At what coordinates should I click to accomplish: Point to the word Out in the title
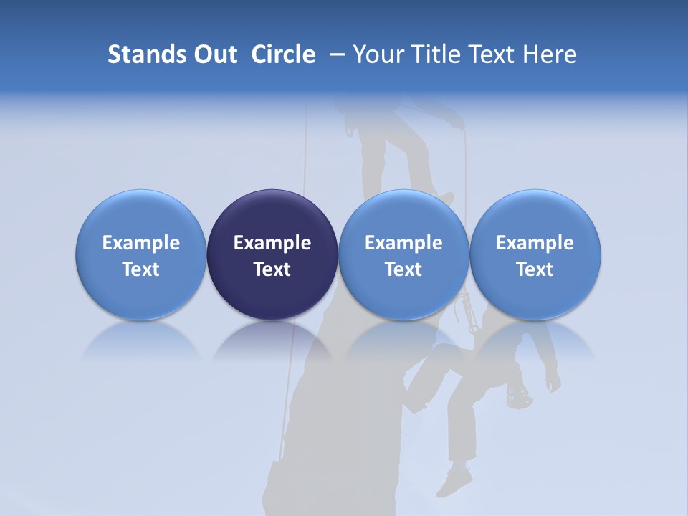214,54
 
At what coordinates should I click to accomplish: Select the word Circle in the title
283,54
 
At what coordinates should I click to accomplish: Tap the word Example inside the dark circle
272,243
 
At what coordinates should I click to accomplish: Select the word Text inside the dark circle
272,269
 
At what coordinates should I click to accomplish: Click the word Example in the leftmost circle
141,243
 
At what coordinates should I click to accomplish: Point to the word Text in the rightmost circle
535,269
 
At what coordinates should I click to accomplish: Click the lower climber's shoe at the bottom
454,481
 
